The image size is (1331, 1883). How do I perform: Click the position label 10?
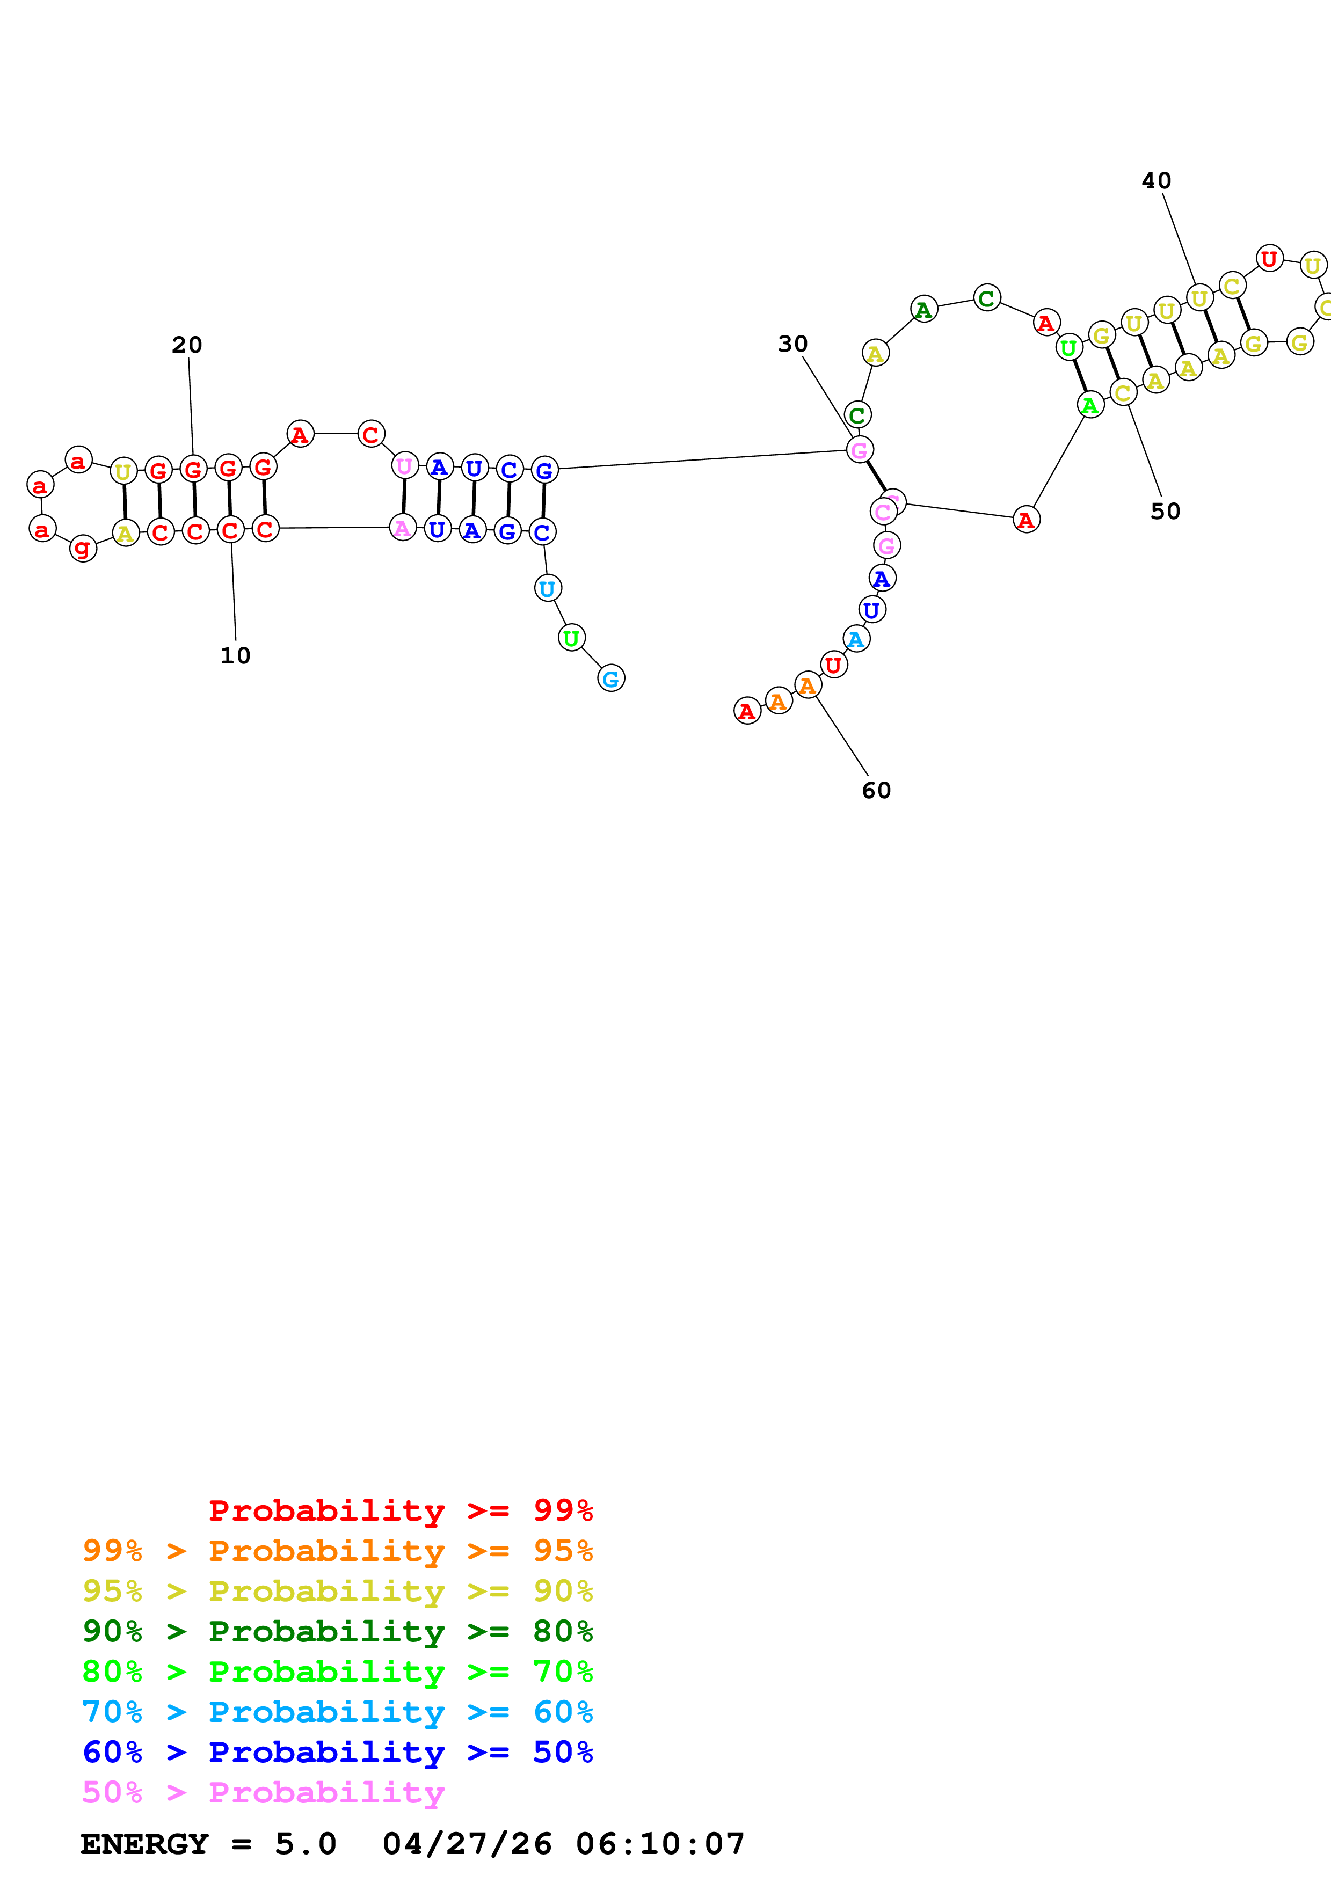pyautogui.click(x=235, y=655)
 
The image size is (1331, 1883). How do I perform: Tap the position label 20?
pyautogui.click(x=187, y=345)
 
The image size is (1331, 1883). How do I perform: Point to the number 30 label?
pyautogui.click(x=792, y=344)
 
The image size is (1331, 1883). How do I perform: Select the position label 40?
pyautogui.click(x=1157, y=180)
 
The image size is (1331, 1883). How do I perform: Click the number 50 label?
pyautogui.click(x=1165, y=511)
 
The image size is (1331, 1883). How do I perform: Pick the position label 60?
pyautogui.click(x=876, y=790)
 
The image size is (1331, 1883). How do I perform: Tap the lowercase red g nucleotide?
pyautogui.click(x=83, y=548)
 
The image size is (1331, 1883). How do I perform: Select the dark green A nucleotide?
pyautogui.click(x=924, y=309)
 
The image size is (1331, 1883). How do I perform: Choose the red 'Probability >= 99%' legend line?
pyautogui.click(x=400, y=1510)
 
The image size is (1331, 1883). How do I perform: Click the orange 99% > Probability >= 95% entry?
pyautogui.click(x=337, y=1551)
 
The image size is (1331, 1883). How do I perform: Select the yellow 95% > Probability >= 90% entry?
pyautogui.click(x=337, y=1591)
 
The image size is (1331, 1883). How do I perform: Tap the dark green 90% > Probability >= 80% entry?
pyautogui.click(x=337, y=1631)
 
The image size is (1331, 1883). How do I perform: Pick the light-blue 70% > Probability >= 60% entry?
pyautogui.click(x=337, y=1712)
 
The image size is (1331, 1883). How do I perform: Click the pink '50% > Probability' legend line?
pyautogui.click(x=263, y=1792)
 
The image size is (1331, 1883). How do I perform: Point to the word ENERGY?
pyautogui.click(x=144, y=1844)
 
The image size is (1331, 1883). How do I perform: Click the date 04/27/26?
pyautogui.click(x=467, y=1844)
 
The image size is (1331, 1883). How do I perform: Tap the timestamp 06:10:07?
pyautogui.click(x=660, y=1844)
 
